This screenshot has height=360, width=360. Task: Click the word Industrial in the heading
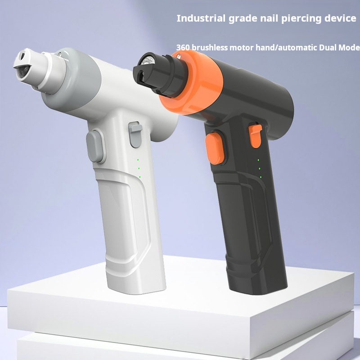(201, 18)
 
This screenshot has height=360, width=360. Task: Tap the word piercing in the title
(301, 19)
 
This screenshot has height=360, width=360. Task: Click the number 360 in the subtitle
(183, 48)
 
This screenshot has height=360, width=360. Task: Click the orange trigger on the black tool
(215, 148)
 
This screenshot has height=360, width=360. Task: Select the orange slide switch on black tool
(255, 136)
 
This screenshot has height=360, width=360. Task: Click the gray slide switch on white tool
(135, 134)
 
